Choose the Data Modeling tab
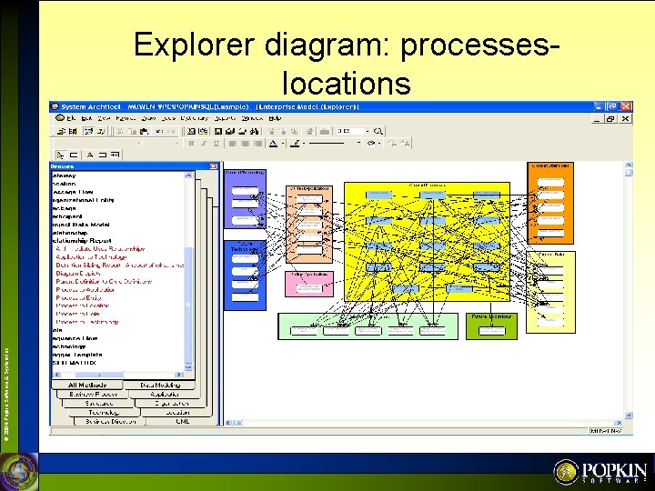[160, 385]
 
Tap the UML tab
[182, 421]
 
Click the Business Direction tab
[111, 421]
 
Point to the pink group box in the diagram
[309, 284]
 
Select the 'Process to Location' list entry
[86, 306]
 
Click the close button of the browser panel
[215, 166]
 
